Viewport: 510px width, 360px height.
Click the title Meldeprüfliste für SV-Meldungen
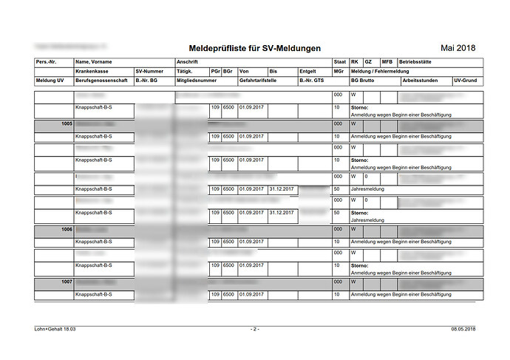(x=255, y=48)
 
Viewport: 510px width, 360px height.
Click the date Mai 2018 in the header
(x=458, y=48)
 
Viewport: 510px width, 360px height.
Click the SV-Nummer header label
(x=150, y=71)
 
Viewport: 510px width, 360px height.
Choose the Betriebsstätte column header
(x=417, y=62)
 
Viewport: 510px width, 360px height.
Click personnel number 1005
(x=67, y=124)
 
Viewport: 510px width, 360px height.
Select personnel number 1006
(x=67, y=230)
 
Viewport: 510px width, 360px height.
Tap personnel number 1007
(x=67, y=282)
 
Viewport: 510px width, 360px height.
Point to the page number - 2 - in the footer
(x=254, y=328)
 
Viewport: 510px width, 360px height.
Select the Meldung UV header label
(x=50, y=80)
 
